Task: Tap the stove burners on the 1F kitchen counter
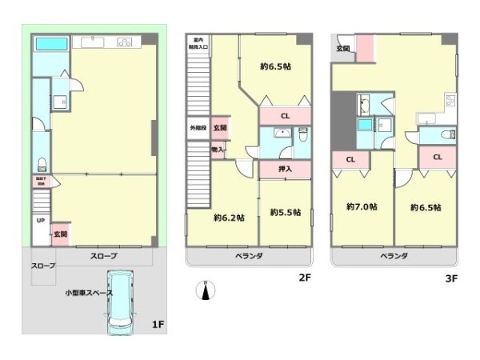[x=125, y=42]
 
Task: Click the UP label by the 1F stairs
[x=39, y=220]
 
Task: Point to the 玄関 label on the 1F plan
[x=60, y=234]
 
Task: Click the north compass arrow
[x=206, y=291]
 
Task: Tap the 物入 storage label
[x=218, y=150]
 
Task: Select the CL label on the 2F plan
[x=285, y=115]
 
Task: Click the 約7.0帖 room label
[x=362, y=206]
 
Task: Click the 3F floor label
[x=451, y=279]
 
